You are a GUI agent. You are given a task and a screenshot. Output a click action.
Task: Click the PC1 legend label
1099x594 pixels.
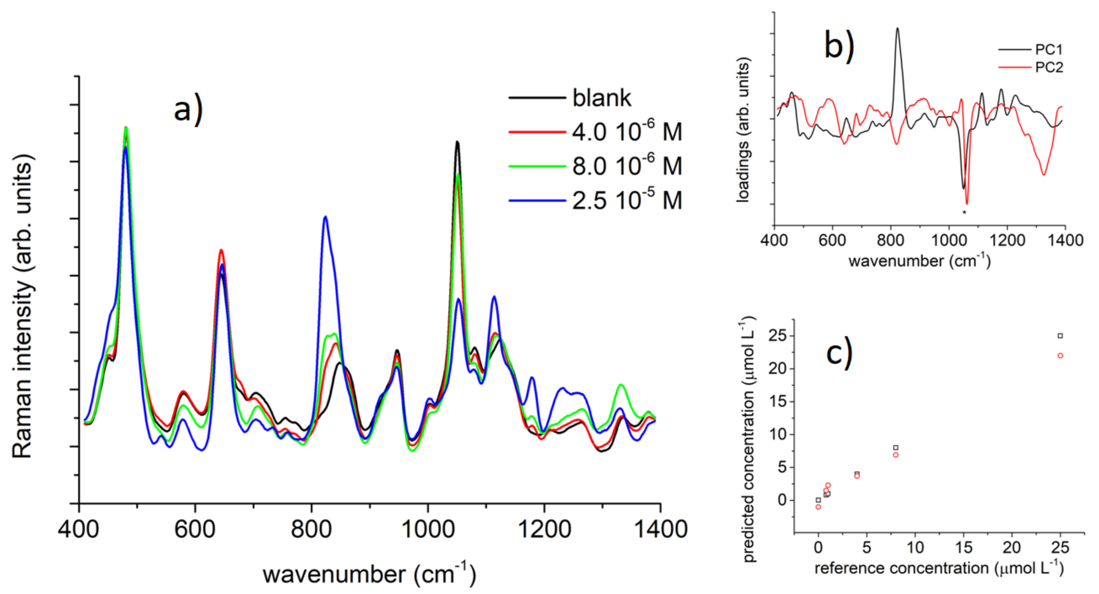(x=1049, y=50)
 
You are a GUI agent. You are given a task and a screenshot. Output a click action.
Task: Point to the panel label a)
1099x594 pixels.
(x=188, y=109)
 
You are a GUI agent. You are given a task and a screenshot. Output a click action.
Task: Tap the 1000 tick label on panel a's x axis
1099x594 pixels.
(x=428, y=530)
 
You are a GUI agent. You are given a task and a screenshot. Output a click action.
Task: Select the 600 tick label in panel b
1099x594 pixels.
(x=832, y=240)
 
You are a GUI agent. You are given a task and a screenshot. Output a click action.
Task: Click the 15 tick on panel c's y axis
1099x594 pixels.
(x=777, y=402)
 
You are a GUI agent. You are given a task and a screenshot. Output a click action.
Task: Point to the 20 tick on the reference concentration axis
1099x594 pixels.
(x=1011, y=548)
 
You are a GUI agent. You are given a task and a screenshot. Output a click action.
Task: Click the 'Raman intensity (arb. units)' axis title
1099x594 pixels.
(x=22, y=306)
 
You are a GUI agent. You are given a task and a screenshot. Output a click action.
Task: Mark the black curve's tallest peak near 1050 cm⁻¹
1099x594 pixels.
(x=457, y=142)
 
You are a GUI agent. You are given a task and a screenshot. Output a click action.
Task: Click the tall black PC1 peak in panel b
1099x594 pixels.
(x=897, y=29)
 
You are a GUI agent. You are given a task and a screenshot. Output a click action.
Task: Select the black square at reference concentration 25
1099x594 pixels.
(x=1060, y=336)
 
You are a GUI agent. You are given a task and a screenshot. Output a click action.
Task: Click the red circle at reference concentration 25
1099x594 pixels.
(x=1060, y=356)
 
